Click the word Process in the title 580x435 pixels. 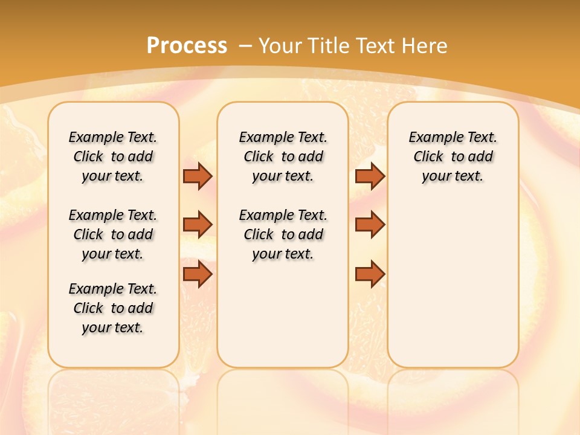click(187, 45)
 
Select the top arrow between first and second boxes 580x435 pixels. click(198, 176)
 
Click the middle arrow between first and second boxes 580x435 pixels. click(198, 225)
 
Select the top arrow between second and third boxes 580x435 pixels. click(370, 176)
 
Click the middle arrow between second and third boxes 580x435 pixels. click(370, 225)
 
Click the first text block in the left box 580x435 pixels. click(113, 156)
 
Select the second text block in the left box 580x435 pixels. click(113, 234)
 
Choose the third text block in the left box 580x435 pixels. click(113, 308)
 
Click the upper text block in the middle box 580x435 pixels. click(283, 156)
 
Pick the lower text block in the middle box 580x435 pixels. click(283, 234)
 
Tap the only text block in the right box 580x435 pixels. click(453, 156)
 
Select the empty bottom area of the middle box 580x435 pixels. click(283, 320)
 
